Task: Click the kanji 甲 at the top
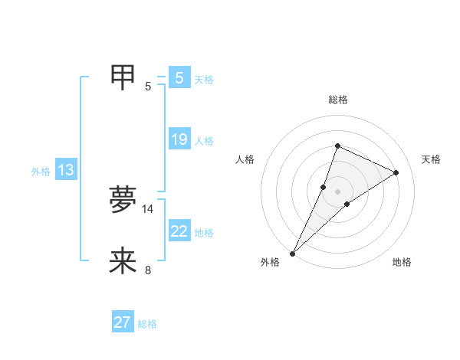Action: [x=123, y=77]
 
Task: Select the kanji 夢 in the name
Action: [x=123, y=199]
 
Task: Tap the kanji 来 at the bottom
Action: [x=123, y=261]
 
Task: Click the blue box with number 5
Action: [x=179, y=78]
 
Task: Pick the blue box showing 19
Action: [x=179, y=139]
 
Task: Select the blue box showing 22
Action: [x=179, y=231]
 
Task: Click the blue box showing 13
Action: [x=66, y=170]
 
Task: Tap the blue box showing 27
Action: [x=123, y=322]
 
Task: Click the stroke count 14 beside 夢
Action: [x=148, y=208]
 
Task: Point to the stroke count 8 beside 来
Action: [x=148, y=270]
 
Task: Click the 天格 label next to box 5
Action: [x=204, y=80]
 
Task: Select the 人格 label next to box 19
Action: [x=204, y=141]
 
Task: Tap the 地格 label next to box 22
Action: [x=204, y=233]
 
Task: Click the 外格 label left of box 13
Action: [x=41, y=172]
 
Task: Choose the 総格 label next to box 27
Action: [x=147, y=324]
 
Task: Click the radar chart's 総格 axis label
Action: [x=337, y=100]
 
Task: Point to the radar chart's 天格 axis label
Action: [x=431, y=159]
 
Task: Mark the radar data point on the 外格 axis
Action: [x=293, y=253]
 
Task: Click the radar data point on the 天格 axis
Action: [x=396, y=172]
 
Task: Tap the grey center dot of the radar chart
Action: [x=337, y=191]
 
